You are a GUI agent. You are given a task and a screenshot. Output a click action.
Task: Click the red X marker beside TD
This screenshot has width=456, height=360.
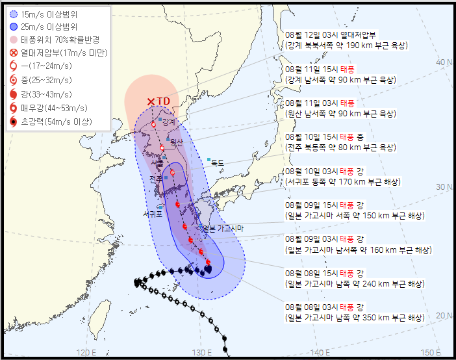[151, 101]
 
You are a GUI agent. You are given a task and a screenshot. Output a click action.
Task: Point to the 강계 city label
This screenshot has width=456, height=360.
[169, 122]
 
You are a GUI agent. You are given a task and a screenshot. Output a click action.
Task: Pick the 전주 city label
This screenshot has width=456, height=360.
[156, 179]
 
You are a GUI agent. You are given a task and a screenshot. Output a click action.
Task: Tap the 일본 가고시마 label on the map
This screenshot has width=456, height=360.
[222, 228]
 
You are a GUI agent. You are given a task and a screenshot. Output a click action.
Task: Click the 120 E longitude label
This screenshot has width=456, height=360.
[87, 352]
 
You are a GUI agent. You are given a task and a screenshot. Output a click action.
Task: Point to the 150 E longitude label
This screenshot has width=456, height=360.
[430, 352]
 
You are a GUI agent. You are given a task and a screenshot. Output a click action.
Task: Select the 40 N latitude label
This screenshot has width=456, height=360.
[444, 62]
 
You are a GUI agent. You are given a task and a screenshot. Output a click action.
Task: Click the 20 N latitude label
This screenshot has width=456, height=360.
[444, 315]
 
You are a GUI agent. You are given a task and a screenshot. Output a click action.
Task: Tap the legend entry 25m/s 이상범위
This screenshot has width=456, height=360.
[49, 26]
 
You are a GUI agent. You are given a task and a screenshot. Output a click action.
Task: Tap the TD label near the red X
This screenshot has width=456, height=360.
[164, 101]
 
